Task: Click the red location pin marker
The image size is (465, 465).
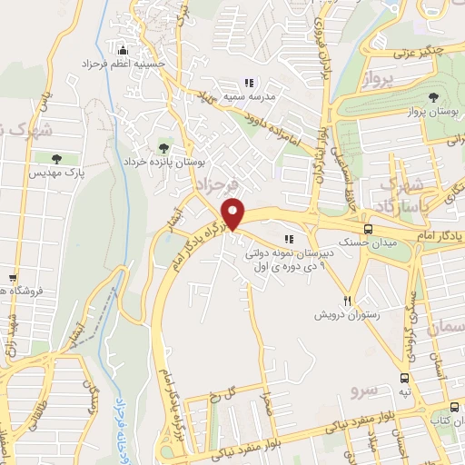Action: click(x=234, y=213)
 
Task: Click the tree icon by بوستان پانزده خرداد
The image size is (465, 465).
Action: click(x=163, y=146)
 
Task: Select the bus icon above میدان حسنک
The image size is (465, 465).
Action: click(x=368, y=230)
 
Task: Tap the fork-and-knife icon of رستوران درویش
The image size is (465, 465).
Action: click(x=346, y=301)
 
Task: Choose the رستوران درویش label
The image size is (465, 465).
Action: click(x=339, y=315)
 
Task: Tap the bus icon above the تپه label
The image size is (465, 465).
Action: click(x=404, y=378)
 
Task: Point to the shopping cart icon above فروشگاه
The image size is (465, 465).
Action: click(x=13, y=278)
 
